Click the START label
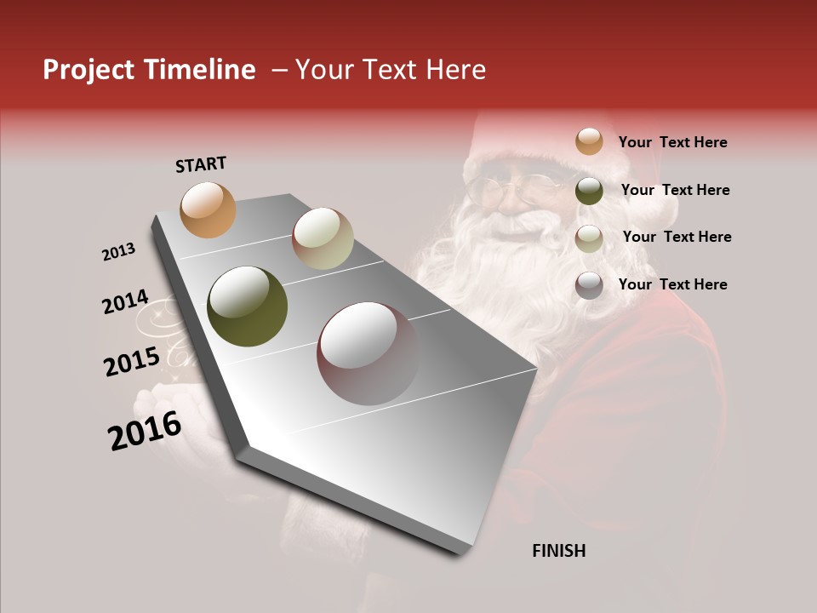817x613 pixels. coord(201,164)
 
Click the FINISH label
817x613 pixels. coord(558,551)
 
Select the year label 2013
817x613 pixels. coord(118,252)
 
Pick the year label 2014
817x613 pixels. coord(125,302)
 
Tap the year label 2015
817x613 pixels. coord(131,362)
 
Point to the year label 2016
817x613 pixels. coord(145,431)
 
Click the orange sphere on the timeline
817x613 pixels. coord(208,209)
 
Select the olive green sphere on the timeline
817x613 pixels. coord(247,306)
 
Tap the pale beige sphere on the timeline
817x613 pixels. coord(323,238)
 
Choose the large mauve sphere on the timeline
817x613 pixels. coord(368,353)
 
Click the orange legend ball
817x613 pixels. coord(589,141)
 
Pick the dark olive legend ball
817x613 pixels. coord(589,191)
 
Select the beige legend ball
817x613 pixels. coord(589,238)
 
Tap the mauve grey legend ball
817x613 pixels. coord(589,285)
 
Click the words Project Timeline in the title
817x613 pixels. coord(149,70)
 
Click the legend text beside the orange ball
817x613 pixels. coord(672,142)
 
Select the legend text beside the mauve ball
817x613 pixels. coord(672,284)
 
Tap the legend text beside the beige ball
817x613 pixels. coord(677,237)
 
